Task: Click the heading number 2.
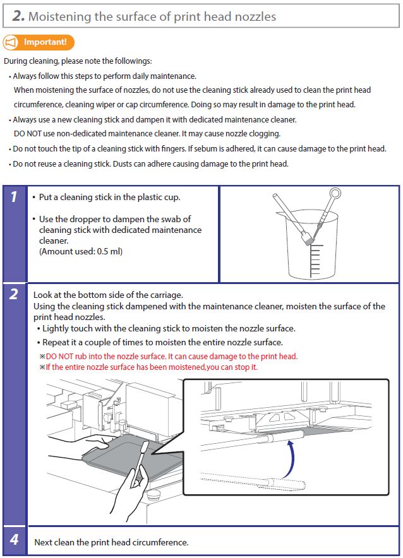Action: tap(18, 16)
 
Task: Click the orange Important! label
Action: tap(45, 43)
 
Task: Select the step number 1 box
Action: tap(14, 198)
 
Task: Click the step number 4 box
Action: tap(14, 541)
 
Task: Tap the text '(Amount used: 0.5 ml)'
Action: tap(81, 251)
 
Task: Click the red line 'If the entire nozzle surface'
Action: tap(152, 367)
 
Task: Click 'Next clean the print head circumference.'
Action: tap(111, 542)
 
